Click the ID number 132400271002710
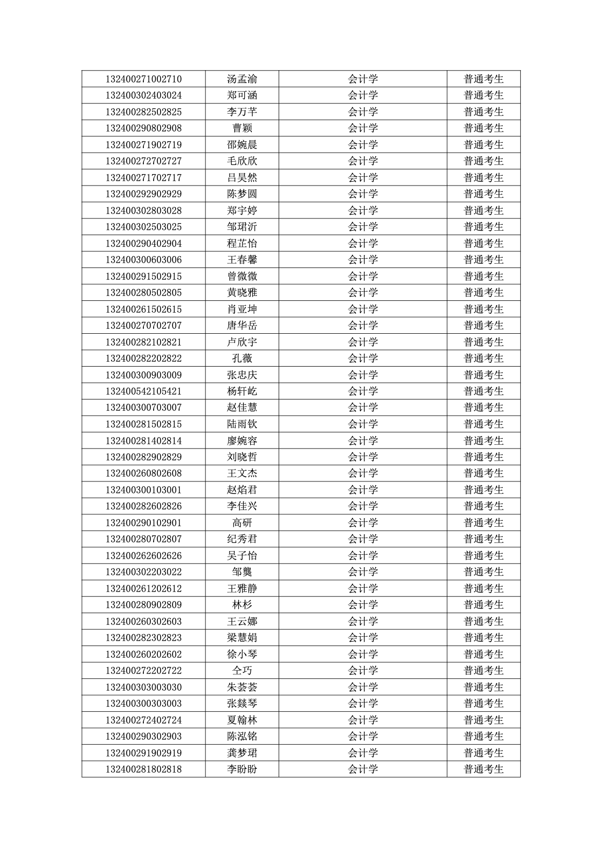pyautogui.click(x=143, y=79)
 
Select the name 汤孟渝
pyautogui.click(x=242, y=79)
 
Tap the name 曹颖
pyautogui.click(x=242, y=128)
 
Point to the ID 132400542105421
pyautogui.click(x=143, y=391)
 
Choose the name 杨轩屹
pyautogui.click(x=242, y=391)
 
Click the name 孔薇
pyautogui.click(x=242, y=359)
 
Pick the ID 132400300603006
pyautogui.click(x=143, y=260)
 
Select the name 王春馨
pyautogui.click(x=242, y=260)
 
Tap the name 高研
pyautogui.click(x=242, y=523)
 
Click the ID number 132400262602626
pyautogui.click(x=143, y=556)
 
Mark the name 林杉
pyautogui.click(x=242, y=605)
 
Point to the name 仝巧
pyautogui.click(x=242, y=671)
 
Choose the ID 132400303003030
pyautogui.click(x=143, y=687)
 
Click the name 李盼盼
pyautogui.click(x=242, y=769)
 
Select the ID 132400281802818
pyautogui.click(x=143, y=769)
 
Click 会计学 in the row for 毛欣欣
pyautogui.click(x=363, y=161)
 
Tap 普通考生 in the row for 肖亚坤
pyautogui.click(x=484, y=309)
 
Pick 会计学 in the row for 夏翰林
pyautogui.click(x=363, y=720)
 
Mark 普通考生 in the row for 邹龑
pyautogui.click(x=484, y=572)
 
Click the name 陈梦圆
pyautogui.click(x=242, y=194)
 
